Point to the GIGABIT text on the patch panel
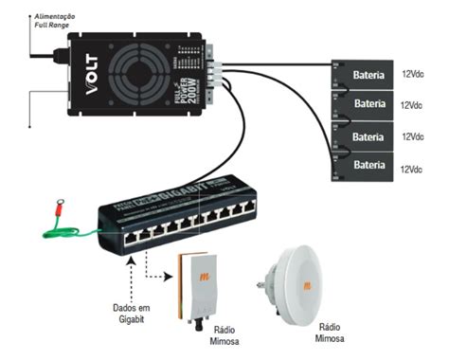174,200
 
